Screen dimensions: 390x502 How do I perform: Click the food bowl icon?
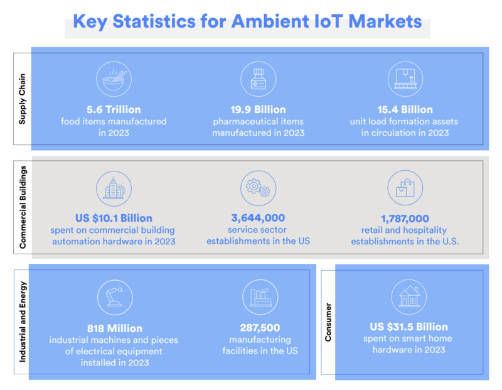(x=114, y=79)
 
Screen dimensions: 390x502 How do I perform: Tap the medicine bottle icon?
(x=259, y=79)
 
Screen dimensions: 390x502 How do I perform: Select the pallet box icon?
(x=405, y=79)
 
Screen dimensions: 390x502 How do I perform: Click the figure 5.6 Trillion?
(x=114, y=110)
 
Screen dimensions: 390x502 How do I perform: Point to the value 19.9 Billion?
(x=259, y=110)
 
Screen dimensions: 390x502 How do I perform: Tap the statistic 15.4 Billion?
(x=405, y=110)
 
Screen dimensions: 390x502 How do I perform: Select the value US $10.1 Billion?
(x=114, y=219)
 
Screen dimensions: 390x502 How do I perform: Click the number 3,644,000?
(x=259, y=219)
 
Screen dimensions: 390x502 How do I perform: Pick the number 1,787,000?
(x=405, y=219)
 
